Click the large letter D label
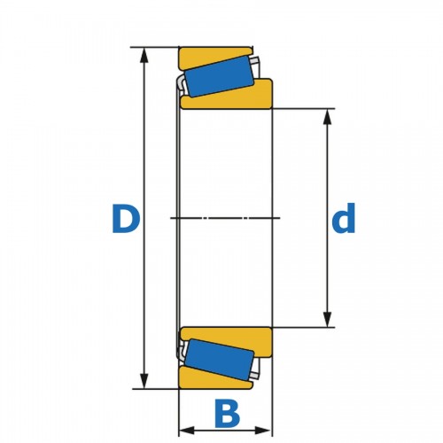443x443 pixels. pos(126,219)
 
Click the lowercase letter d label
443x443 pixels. pos(344,218)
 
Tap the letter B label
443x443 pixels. pos(227,414)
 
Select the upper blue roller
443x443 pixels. pos(219,76)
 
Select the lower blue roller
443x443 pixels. pos(219,360)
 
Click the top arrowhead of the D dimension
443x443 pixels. pos(144,55)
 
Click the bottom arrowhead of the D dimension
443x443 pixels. pos(144,381)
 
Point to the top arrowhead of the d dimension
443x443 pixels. pos(327,117)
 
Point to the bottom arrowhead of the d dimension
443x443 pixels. pos(327,320)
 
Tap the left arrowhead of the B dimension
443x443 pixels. pos(187,431)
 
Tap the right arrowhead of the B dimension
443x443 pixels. pos(263,431)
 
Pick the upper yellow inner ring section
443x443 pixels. pos(237,97)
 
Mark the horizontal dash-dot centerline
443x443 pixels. pos(225,218)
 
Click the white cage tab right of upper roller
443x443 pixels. pos(255,63)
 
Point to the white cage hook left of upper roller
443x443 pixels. pos(181,83)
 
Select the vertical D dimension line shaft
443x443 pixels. pos(144,218)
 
